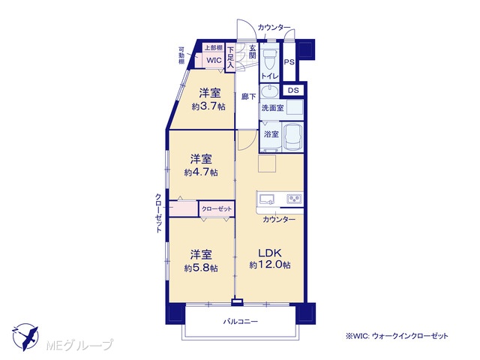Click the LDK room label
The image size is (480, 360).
point(270,253)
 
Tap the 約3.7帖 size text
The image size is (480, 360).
point(208,106)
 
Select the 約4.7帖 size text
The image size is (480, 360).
point(201,172)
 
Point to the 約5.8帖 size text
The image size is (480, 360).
point(201,268)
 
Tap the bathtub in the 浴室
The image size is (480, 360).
point(292,137)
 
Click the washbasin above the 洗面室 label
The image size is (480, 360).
point(269,91)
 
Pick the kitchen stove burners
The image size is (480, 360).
point(294,199)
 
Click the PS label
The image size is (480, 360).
point(289,62)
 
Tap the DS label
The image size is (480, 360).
point(293,90)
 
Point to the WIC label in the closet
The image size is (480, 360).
point(214,60)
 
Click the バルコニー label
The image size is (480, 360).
point(240,322)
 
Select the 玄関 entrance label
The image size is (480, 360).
point(252,52)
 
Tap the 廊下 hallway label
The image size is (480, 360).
point(248,97)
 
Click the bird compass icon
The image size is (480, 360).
point(25,337)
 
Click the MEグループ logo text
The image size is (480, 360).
point(79,345)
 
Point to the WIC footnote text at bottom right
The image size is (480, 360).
point(397,336)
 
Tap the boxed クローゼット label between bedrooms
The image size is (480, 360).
point(217,209)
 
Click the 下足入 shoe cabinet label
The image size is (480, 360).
point(230,57)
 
